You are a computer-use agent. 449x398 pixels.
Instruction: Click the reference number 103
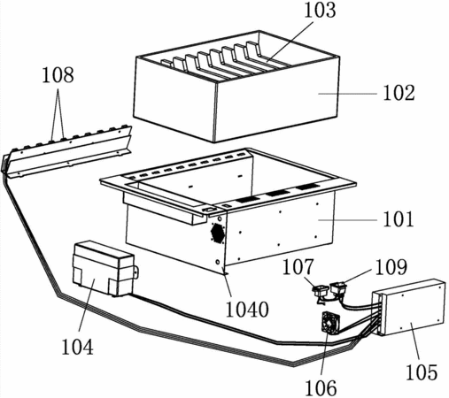(320, 11)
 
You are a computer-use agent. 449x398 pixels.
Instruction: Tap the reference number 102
(399, 93)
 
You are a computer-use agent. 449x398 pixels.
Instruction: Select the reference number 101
(399, 219)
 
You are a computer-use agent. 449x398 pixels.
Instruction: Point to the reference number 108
(58, 75)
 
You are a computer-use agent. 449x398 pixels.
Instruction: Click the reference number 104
(77, 347)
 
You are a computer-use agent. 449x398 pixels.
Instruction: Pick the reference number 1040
(247, 310)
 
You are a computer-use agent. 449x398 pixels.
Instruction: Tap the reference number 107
(298, 267)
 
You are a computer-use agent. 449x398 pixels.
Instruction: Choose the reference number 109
(391, 267)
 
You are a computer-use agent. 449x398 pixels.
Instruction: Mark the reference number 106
(321, 388)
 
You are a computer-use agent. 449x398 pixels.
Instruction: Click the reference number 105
(422, 372)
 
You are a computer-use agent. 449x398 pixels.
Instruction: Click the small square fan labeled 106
(329, 323)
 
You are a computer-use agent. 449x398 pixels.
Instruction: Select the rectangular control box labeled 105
(408, 307)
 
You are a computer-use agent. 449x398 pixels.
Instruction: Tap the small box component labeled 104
(104, 268)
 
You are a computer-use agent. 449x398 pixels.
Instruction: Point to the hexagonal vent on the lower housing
(218, 233)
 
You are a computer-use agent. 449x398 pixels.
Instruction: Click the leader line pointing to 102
(347, 94)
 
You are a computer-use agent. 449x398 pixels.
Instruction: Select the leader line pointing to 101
(347, 219)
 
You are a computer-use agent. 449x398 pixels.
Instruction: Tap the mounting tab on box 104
(136, 272)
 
